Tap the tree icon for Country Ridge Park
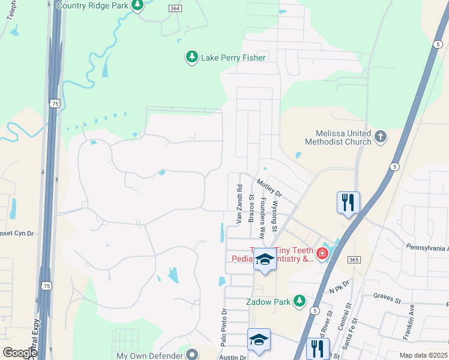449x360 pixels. click(137, 5)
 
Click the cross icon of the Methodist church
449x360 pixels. click(380, 137)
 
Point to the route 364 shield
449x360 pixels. click(175, 8)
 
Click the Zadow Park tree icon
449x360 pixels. click(299, 302)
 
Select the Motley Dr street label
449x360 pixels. click(268, 187)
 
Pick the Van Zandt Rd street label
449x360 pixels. click(239, 204)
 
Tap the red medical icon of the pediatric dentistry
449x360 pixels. click(322, 254)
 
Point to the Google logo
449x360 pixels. click(19, 353)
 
